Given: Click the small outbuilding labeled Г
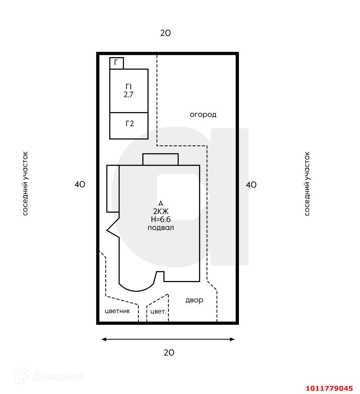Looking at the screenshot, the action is (x=117, y=63).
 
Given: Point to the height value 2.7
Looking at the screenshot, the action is (x=129, y=95).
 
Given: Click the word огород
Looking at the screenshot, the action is (x=203, y=115).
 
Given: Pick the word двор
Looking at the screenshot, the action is (x=194, y=300).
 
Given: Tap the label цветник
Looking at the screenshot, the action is (x=117, y=311).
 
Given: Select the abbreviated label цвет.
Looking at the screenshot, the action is (x=158, y=312).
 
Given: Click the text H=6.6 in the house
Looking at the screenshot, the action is (x=160, y=219).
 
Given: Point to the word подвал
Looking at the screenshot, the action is (x=161, y=228).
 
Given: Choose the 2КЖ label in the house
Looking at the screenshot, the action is (x=161, y=211).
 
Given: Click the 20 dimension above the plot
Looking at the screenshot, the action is (x=165, y=33).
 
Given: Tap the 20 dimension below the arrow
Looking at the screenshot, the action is (x=169, y=353).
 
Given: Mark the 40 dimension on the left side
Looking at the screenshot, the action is (x=80, y=184).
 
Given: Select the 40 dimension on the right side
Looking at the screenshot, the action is (x=251, y=185).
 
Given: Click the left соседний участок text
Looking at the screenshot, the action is (x=25, y=183).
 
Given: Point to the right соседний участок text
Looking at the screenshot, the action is (x=307, y=184).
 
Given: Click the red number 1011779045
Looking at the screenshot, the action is (x=329, y=388).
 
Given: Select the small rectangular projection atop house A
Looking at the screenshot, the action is (x=160, y=159).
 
